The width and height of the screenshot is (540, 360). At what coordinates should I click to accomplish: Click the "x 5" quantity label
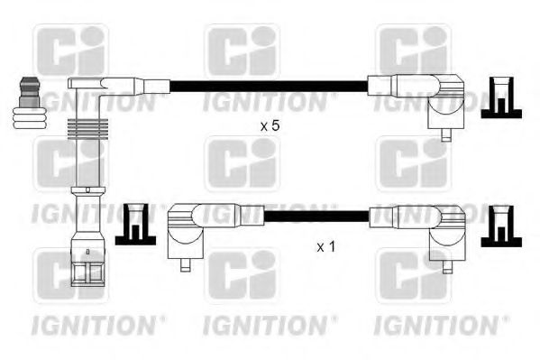(x=270, y=126)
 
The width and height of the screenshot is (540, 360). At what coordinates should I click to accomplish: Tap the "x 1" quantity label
(x=325, y=245)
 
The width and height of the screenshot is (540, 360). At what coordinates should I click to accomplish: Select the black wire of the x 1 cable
(x=316, y=217)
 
